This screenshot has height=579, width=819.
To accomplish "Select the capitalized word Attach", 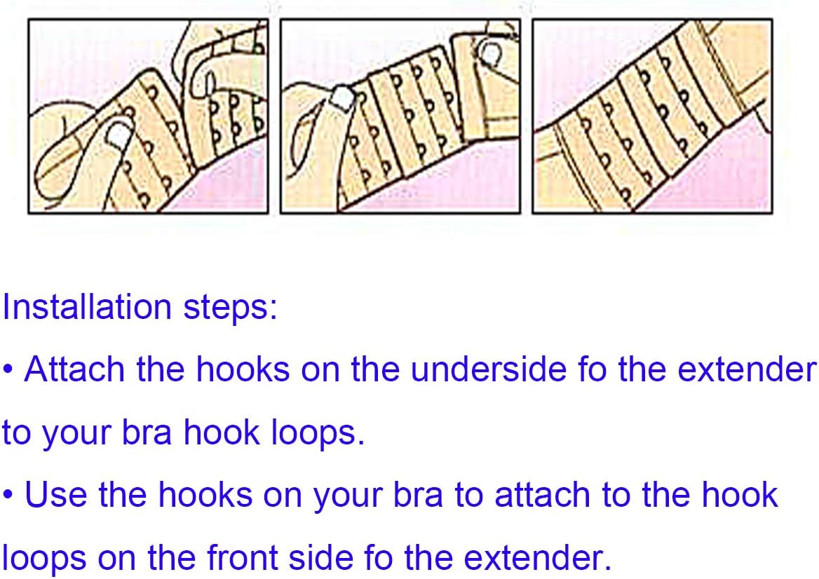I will pyautogui.click(x=74, y=369).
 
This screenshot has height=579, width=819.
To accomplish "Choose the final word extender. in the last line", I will pyautogui.click(x=537, y=558).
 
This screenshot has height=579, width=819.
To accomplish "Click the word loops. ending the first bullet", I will pyautogui.click(x=318, y=433).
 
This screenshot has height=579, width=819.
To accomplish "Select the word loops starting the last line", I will pyautogui.click(x=43, y=558).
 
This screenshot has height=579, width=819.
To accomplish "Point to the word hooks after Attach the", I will pyautogui.click(x=243, y=369).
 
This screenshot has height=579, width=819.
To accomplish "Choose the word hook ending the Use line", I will pyautogui.click(x=740, y=495).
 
